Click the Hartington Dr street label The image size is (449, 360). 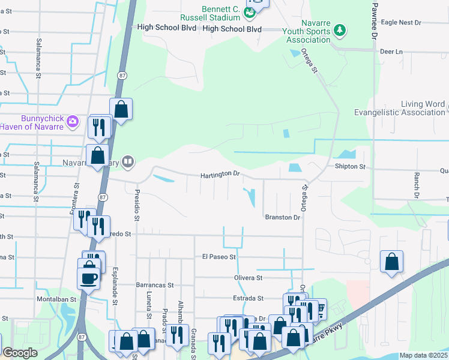tap(220, 174)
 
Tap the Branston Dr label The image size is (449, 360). tap(282, 217)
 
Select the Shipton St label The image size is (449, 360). tap(350, 166)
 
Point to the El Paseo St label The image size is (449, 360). tap(220, 256)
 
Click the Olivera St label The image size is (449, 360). tap(248, 278)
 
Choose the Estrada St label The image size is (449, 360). tap(248, 298)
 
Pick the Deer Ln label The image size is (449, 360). tap(391, 52)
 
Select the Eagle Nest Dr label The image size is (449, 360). tap(401, 22)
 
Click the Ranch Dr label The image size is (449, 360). tap(415, 185)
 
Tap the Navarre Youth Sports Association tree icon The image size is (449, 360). tap(339, 29)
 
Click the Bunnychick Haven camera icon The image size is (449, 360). tap(73, 122)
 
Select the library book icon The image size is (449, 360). tap(127, 161)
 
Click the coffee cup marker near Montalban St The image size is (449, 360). tap(88, 278)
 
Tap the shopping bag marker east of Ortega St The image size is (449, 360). tap(391, 262)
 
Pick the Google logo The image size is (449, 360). tap(20, 353)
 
